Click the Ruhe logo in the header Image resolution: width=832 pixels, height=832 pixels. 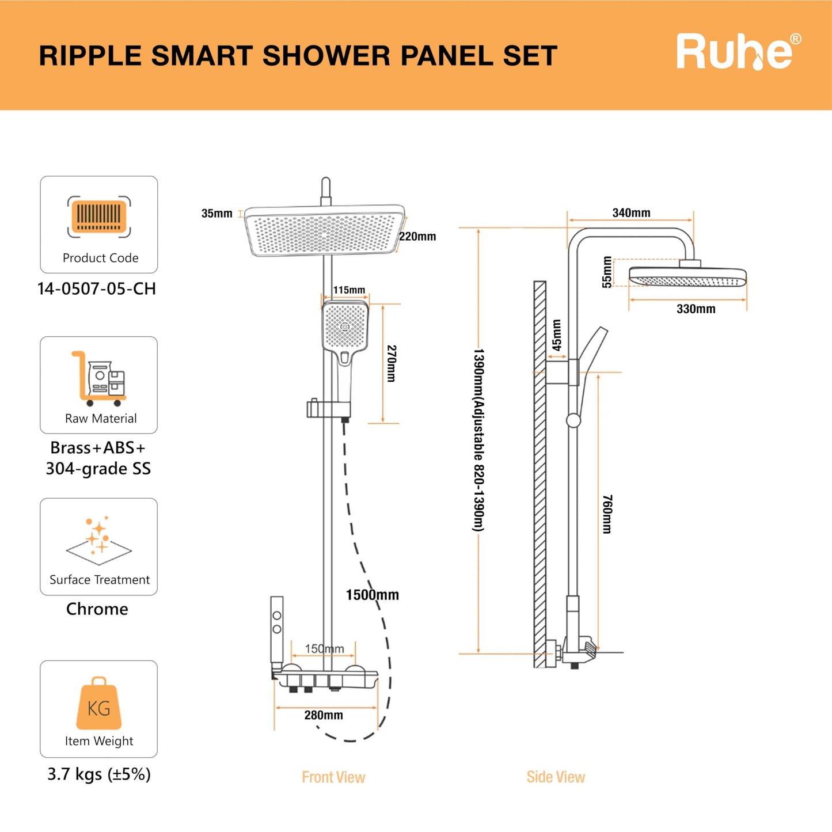point(738,52)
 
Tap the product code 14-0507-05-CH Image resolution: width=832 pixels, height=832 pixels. point(97,288)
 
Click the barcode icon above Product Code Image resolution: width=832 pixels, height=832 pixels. point(99,216)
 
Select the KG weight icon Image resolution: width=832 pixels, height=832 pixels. point(99,704)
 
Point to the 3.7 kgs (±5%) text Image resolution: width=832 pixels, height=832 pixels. point(99,774)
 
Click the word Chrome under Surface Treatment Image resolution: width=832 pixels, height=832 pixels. point(97,609)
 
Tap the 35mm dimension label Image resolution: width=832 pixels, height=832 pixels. point(216,214)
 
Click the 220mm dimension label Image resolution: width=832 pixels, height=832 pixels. point(417,237)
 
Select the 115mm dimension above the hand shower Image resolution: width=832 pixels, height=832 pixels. point(349,290)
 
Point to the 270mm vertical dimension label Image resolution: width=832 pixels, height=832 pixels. point(391,363)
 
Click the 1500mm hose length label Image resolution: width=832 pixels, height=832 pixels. point(372,595)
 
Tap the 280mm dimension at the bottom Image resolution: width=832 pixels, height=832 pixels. point(324,715)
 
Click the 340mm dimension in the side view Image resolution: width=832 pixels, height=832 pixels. point(631,213)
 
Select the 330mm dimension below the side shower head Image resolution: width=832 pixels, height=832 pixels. point(696,309)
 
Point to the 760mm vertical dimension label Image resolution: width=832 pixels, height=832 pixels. point(607,514)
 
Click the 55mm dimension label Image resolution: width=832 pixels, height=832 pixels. point(607,272)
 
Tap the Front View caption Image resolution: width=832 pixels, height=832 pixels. point(333,777)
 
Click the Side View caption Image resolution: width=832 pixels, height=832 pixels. point(556,777)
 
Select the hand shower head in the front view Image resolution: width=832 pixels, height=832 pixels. point(345,326)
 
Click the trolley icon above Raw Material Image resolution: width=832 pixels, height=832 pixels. point(98,378)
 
